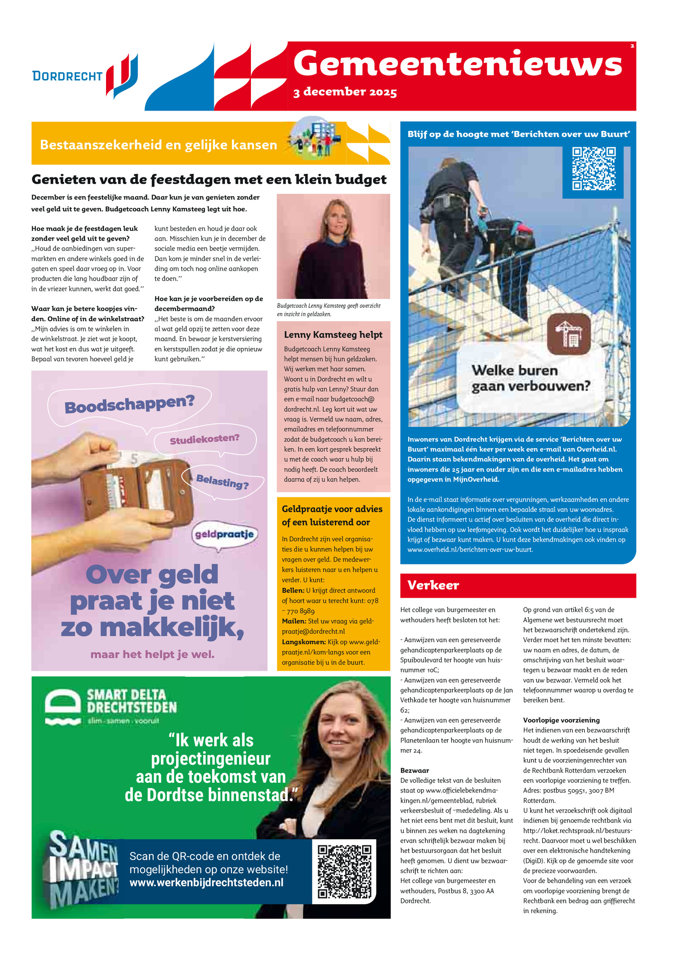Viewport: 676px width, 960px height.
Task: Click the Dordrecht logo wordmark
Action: [x=68, y=76]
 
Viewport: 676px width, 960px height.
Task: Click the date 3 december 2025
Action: [x=345, y=92]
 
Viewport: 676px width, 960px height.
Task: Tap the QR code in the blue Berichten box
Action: [x=594, y=168]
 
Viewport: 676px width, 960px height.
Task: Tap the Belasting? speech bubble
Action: [x=222, y=481]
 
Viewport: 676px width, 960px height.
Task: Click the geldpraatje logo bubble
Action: [x=224, y=534]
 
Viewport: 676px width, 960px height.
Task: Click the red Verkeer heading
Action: [x=433, y=585]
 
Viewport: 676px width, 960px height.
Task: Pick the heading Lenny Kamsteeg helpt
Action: [x=333, y=335]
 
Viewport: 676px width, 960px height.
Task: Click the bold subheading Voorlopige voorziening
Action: [x=561, y=720]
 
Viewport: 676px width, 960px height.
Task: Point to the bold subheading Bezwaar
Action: [x=414, y=770]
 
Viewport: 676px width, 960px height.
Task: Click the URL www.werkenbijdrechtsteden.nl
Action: [x=206, y=883]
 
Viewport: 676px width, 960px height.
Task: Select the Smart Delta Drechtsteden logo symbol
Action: [x=63, y=707]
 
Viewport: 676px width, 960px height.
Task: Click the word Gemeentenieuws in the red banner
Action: [x=458, y=64]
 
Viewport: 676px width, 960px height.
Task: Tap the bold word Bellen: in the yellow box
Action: [x=293, y=590]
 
